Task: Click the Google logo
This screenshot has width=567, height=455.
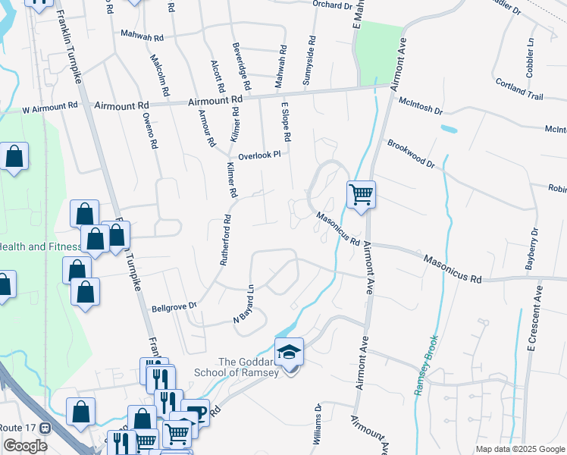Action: coord(25,446)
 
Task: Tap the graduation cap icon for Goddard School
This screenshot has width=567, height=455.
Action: coord(289,353)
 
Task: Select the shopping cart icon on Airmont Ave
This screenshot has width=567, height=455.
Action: coord(362,194)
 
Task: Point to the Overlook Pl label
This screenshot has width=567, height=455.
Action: coord(259,155)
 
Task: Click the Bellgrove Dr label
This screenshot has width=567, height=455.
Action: coord(174,306)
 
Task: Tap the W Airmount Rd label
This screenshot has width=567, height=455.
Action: coord(50,108)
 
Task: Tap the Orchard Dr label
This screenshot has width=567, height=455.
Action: coord(333,5)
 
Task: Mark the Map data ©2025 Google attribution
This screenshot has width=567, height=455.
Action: coord(519,449)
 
